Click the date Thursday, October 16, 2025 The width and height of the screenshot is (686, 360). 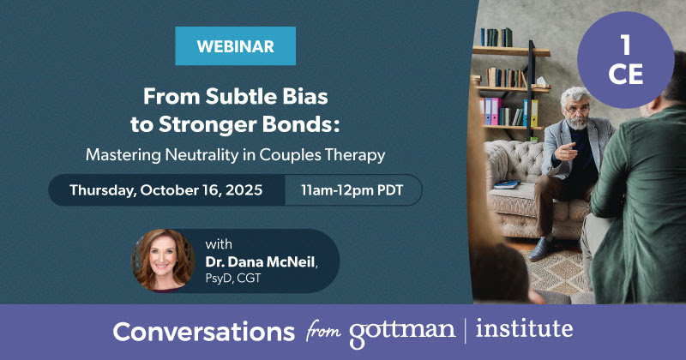[165, 190]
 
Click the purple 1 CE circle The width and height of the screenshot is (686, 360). [625, 63]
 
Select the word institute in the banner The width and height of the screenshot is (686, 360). [524, 329]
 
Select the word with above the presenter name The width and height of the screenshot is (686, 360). [219, 243]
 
